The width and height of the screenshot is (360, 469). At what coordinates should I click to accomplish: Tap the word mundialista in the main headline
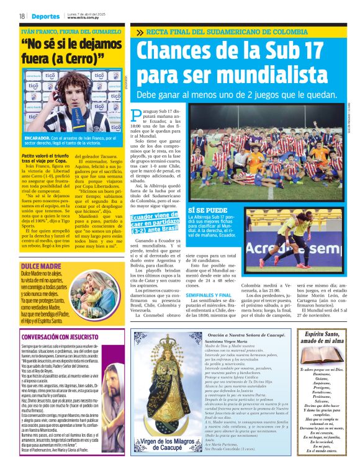(204, 74)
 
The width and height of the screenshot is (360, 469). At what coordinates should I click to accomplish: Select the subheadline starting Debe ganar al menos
(236, 96)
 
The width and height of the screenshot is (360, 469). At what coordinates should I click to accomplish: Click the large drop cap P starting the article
(137, 116)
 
